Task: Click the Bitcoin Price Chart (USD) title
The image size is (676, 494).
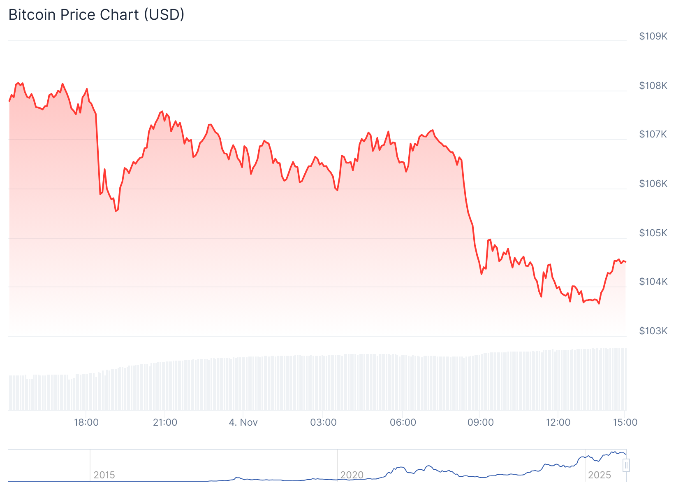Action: (x=96, y=15)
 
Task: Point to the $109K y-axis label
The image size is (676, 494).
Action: (x=653, y=36)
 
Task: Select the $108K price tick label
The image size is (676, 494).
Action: (x=653, y=86)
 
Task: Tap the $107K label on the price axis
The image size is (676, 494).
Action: (x=653, y=134)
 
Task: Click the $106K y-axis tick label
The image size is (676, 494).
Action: (x=653, y=184)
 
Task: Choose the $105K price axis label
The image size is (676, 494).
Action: (x=653, y=233)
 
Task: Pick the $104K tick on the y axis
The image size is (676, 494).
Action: (x=653, y=282)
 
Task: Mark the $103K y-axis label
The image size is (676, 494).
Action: (x=653, y=331)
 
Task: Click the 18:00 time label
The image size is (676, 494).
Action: (x=86, y=422)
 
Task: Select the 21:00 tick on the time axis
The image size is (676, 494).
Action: (x=165, y=422)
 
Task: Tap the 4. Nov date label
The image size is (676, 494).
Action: (x=243, y=422)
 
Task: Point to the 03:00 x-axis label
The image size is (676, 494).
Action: (x=323, y=422)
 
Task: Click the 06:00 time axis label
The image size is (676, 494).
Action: (x=403, y=422)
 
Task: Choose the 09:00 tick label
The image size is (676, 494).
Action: (x=480, y=422)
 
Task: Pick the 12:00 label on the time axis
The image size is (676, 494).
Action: (x=558, y=422)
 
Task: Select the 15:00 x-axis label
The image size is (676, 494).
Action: (x=625, y=422)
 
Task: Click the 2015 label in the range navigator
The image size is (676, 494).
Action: (x=104, y=475)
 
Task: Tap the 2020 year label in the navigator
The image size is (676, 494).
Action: (x=352, y=475)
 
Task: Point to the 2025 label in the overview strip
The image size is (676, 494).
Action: (x=599, y=475)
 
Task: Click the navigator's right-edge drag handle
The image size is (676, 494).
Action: (x=626, y=465)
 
